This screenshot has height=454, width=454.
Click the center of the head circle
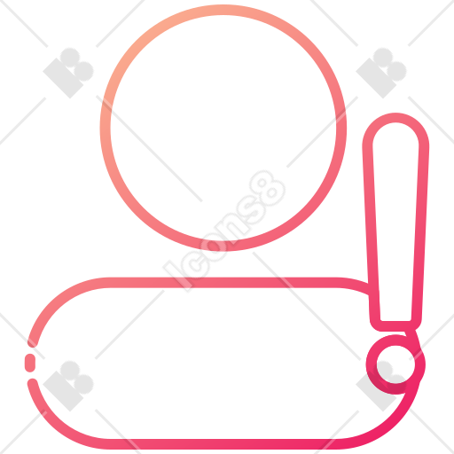pyautogui.click(x=223, y=128)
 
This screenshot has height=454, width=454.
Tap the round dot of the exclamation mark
pyautogui.click(x=395, y=364)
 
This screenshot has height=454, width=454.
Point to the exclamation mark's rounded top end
pyautogui.click(x=395, y=118)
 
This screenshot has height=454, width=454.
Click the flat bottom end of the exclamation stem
pyautogui.click(x=395, y=325)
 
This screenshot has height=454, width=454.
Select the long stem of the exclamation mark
pyautogui.click(x=395, y=222)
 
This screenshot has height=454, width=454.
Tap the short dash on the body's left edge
pyautogui.click(x=30, y=363)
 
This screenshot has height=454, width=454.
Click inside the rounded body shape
pyautogui.click(x=207, y=364)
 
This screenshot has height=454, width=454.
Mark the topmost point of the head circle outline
pyautogui.click(x=223, y=10)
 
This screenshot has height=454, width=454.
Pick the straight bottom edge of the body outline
pyautogui.click(x=224, y=444)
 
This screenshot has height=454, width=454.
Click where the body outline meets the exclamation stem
pyautogui.click(x=369, y=289)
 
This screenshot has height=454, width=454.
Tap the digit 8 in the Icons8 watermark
pyautogui.click(x=268, y=189)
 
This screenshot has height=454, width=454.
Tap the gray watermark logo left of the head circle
pyautogui.click(x=68, y=73)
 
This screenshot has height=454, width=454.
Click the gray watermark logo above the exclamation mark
pyautogui.click(x=381, y=73)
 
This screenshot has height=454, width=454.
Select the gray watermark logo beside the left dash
pyautogui.click(x=68, y=386)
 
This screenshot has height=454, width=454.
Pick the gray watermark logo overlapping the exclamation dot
pyautogui.click(x=381, y=386)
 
